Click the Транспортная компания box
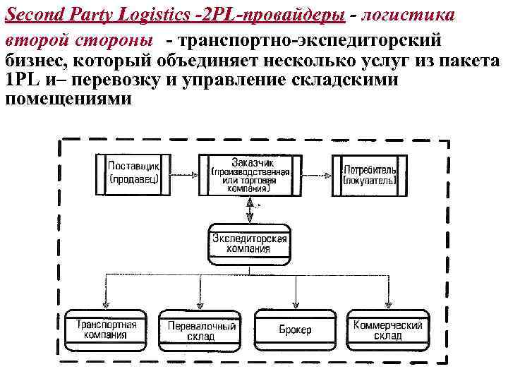(x=107, y=329)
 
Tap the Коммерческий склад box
(x=387, y=329)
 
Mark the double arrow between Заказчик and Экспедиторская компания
(x=250, y=209)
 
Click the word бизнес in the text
(x=33, y=61)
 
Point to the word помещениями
(x=68, y=98)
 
